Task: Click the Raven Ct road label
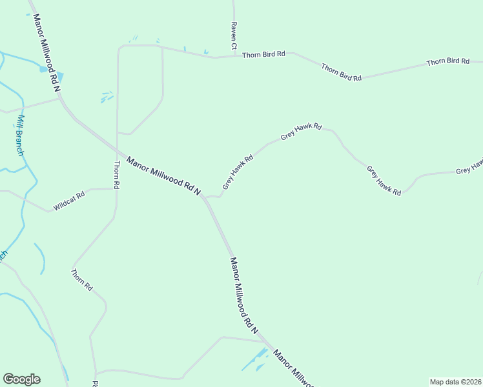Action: point(234,38)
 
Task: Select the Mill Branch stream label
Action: point(21,135)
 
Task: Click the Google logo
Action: point(21,379)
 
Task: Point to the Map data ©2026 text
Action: point(456,382)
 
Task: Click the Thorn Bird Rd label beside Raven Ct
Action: point(263,55)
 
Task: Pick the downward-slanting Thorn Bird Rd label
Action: point(341,72)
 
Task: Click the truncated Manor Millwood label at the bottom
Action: point(294,369)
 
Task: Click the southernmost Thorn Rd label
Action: point(82,280)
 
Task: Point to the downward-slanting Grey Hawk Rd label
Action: point(384,181)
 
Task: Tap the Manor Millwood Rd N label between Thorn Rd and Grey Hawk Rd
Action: point(164,175)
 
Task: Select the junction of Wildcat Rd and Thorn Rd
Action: point(116,189)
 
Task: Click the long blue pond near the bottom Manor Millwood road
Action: point(254,360)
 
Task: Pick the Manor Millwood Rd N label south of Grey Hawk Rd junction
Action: point(244,295)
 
